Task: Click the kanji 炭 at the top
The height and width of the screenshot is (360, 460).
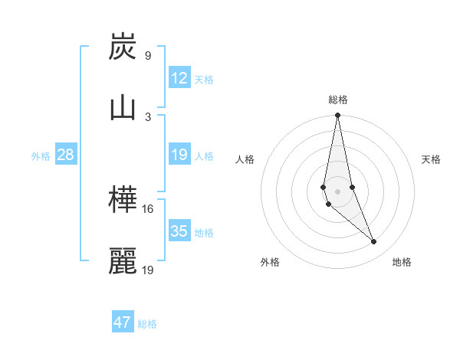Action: pos(123,47)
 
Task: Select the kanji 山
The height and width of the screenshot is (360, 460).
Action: pos(123,108)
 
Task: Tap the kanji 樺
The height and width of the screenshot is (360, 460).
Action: pos(123,201)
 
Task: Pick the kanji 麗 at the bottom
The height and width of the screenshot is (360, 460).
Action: pos(123,261)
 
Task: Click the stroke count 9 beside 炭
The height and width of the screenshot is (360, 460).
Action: pos(148,56)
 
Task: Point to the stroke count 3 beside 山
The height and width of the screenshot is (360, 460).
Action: pos(148,116)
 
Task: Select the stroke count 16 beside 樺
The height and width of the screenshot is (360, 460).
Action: pos(148,209)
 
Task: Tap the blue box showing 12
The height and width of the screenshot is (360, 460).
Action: pos(179,78)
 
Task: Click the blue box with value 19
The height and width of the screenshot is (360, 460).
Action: pos(179,155)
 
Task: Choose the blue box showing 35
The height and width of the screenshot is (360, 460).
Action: pos(179,231)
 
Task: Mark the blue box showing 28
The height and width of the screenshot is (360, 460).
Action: pos(66,155)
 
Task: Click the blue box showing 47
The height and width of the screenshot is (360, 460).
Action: pos(123,322)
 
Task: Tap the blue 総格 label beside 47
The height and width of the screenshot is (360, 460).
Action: pos(147,324)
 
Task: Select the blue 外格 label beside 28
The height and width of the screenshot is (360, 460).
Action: pos(41,156)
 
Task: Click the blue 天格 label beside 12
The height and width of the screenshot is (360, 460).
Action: pos(204,80)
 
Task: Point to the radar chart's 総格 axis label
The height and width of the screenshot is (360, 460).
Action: pos(338,100)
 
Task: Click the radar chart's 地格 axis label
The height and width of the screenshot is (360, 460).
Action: pos(402,262)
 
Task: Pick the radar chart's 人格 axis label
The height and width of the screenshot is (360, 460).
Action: pos(245,159)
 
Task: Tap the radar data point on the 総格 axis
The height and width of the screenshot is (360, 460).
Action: pos(337,116)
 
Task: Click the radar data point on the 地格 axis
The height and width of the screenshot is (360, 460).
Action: pos(374,242)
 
